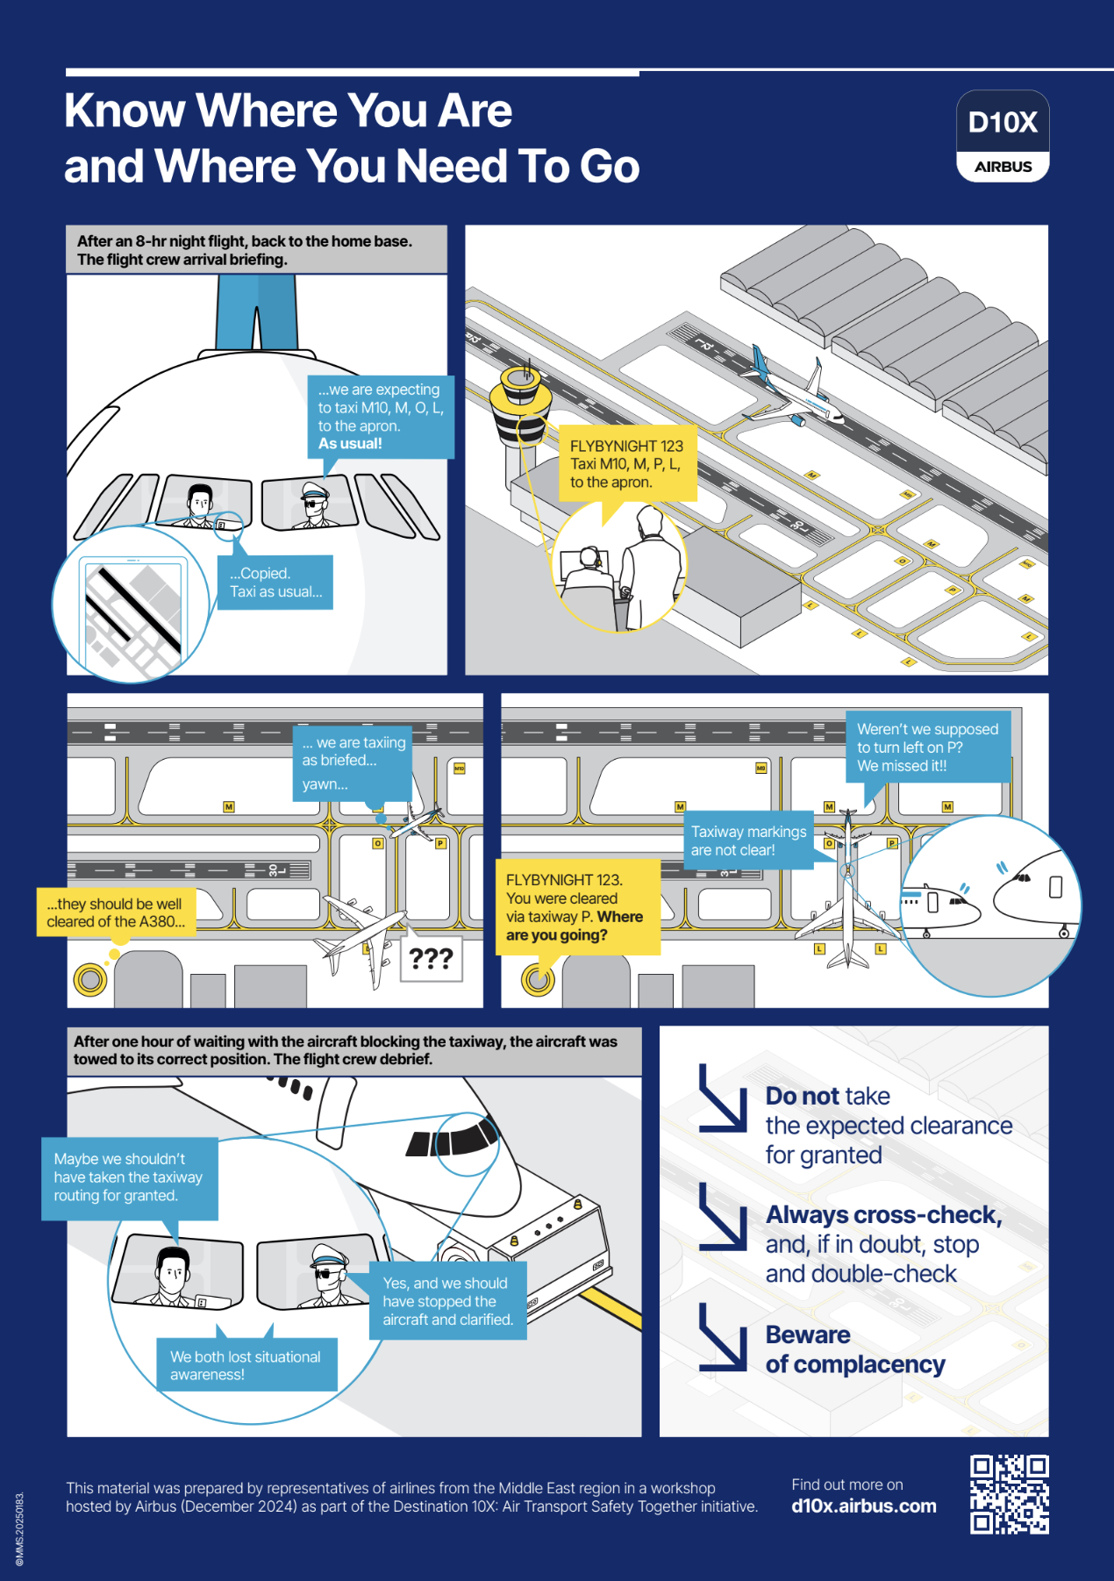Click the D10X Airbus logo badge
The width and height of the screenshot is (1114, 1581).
[1003, 136]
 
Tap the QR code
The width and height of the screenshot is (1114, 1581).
[1009, 1494]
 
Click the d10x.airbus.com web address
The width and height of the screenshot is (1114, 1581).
[863, 1506]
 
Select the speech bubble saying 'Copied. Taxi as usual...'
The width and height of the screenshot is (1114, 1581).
[275, 583]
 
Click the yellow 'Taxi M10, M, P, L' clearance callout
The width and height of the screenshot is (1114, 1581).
[626, 464]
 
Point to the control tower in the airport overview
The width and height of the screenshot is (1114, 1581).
[525, 412]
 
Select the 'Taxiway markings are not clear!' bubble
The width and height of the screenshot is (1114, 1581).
[748, 841]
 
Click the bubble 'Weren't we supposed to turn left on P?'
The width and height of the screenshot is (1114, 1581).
[927, 748]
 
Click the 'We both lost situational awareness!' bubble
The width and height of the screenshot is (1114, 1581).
[246, 1365]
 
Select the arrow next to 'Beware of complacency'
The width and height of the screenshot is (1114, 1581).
[721, 1337]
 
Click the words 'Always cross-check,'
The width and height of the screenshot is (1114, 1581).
[883, 1215]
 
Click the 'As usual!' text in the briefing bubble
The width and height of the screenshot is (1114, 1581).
[350, 444]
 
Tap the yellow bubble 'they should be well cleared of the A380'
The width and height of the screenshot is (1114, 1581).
[116, 912]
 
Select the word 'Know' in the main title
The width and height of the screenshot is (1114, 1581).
[125, 111]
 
